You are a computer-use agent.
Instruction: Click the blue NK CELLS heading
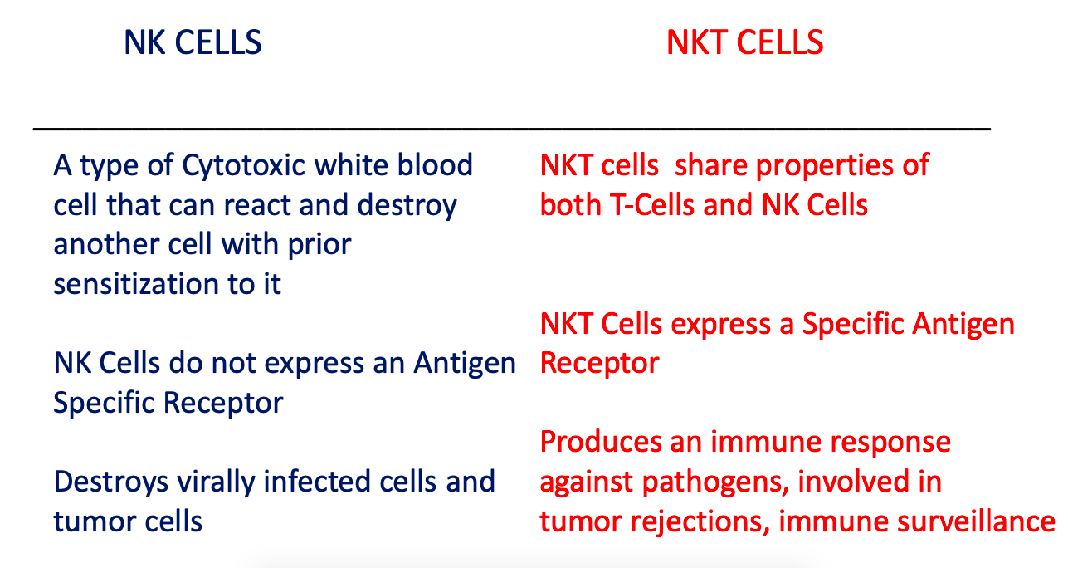pyautogui.click(x=193, y=42)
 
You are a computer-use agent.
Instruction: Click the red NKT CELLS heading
pyautogui.click(x=744, y=42)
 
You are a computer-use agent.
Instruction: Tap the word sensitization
pyautogui.click(x=136, y=284)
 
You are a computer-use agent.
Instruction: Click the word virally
pyautogui.click(x=216, y=483)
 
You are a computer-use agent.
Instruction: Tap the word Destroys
pyautogui.click(x=110, y=483)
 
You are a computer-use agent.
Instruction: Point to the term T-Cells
pyautogui.click(x=651, y=205)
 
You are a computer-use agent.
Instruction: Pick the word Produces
pyautogui.click(x=601, y=443)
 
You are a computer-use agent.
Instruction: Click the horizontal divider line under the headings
pyautogui.click(x=512, y=129)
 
